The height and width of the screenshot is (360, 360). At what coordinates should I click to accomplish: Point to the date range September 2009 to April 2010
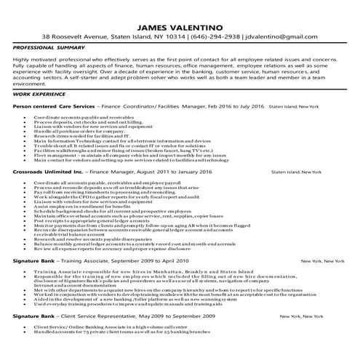tap(157, 280)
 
